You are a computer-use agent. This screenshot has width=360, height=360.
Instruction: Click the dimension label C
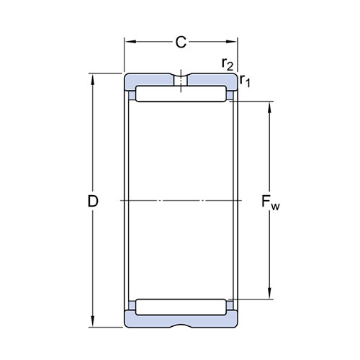tap(181, 42)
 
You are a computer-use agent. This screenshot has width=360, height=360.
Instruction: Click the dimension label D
tap(93, 201)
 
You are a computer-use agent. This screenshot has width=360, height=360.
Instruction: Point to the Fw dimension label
tap(270, 202)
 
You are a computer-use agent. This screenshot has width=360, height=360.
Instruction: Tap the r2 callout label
tap(228, 64)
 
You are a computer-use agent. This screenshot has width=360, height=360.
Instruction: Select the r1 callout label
tap(245, 81)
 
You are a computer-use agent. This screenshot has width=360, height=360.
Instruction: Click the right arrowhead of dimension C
tap(231, 42)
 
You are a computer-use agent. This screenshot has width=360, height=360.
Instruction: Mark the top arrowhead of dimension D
tap(93, 79)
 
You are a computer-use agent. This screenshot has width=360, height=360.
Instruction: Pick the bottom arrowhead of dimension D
tap(93, 321)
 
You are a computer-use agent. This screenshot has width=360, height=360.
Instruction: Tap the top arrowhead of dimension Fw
tap(269, 107)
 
